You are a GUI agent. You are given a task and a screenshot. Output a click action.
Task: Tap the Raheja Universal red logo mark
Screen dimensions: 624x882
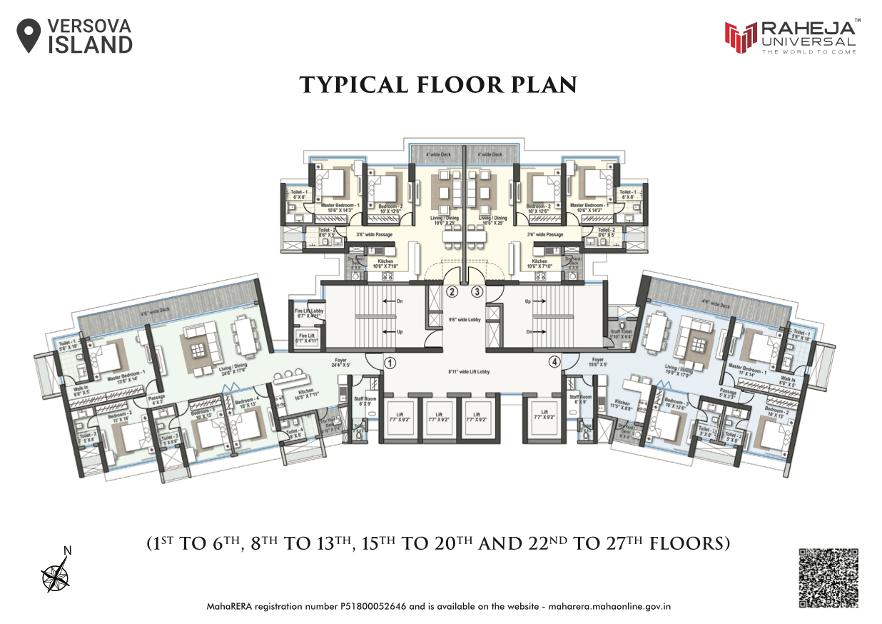tap(740, 37)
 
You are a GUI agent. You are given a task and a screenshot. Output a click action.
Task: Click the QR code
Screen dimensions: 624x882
tap(828, 578)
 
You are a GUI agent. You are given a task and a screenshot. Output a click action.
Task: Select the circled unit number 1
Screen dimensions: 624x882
tap(390, 363)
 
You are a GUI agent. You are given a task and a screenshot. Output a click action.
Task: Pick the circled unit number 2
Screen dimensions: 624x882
tap(452, 291)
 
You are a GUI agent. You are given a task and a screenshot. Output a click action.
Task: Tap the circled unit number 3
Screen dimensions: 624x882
tap(477, 291)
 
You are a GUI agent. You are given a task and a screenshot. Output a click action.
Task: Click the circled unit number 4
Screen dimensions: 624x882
tap(554, 362)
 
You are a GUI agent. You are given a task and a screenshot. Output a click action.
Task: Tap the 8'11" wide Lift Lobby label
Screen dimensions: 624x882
tap(469, 372)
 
